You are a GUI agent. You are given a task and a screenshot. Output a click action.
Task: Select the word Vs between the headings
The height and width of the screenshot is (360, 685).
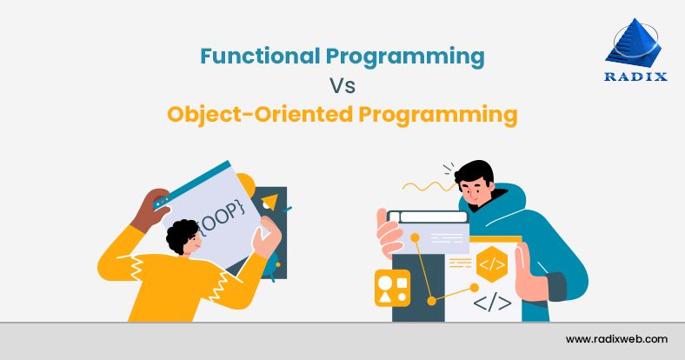[x=342, y=86]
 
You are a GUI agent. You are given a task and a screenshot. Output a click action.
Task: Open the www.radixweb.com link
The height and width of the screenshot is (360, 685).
[x=616, y=338]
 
